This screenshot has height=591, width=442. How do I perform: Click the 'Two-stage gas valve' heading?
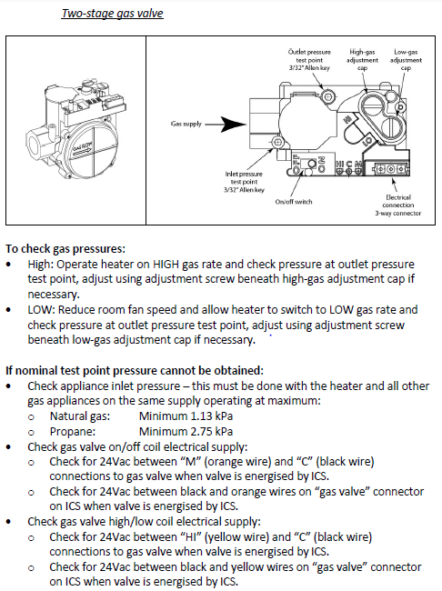click(x=112, y=14)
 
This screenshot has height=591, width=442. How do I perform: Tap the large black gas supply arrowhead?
click(x=233, y=124)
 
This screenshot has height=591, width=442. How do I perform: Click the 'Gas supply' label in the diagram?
click(x=186, y=124)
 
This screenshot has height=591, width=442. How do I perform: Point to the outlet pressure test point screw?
click(x=327, y=96)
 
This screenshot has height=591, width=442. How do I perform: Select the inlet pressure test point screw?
click(x=277, y=142)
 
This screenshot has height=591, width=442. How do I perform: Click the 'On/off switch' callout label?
click(x=294, y=202)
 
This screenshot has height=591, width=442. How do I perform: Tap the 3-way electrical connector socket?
click(x=391, y=169)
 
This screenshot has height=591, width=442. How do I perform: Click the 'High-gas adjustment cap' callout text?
click(x=362, y=60)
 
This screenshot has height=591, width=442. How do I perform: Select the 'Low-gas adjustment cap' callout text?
click(x=406, y=60)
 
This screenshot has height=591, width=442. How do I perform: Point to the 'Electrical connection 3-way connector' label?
click(x=397, y=205)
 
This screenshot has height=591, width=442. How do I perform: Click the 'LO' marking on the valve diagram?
click(x=368, y=142)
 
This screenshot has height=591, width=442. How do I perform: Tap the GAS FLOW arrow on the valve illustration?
click(x=83, y=149)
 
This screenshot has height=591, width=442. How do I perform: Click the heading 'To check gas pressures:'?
click(x=65, y=249)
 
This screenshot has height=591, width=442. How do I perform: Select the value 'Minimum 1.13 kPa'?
click(x=186, y=416)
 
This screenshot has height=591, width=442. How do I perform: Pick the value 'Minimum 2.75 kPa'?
click(x=186, y=431)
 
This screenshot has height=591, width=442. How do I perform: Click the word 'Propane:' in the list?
click(x=73, y=432)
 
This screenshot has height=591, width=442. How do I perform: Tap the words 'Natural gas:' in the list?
click(x=80, y=416)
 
